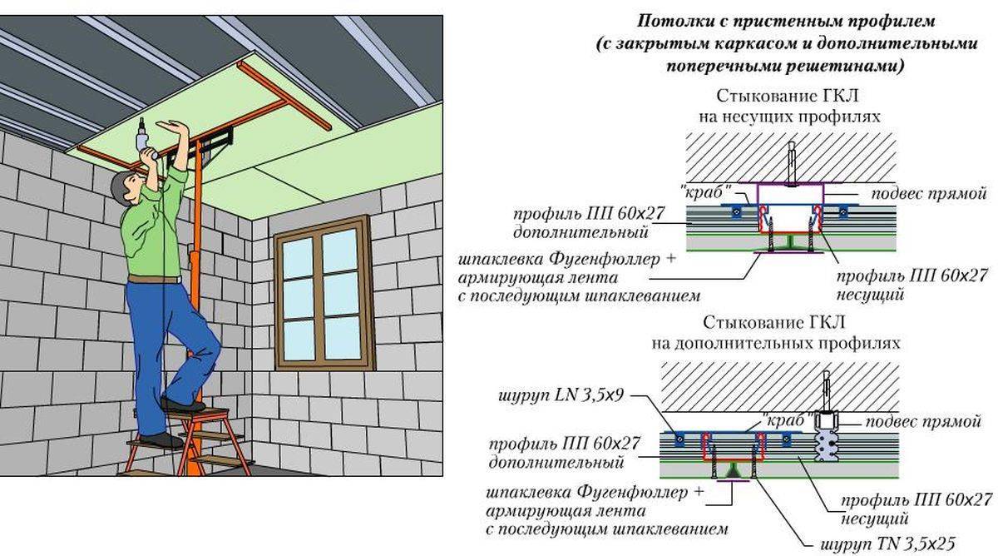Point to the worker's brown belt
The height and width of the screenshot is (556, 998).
point(154,280)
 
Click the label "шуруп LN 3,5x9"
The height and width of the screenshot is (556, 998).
point(561,395)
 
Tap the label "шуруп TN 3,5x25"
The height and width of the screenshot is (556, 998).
point(887,544)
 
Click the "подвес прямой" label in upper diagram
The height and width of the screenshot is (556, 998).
point(929,194)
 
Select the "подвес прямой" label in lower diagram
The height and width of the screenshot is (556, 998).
point(923,421)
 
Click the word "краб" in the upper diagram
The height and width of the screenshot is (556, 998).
point(707,192)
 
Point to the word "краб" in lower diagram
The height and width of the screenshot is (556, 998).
point(783,420)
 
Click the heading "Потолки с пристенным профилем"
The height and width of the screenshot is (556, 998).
point(786,22)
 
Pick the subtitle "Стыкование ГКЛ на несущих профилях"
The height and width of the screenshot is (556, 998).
point(789,106)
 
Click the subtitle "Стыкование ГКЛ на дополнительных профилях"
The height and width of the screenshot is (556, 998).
point(776,333)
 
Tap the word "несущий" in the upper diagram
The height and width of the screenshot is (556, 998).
point(870,295)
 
